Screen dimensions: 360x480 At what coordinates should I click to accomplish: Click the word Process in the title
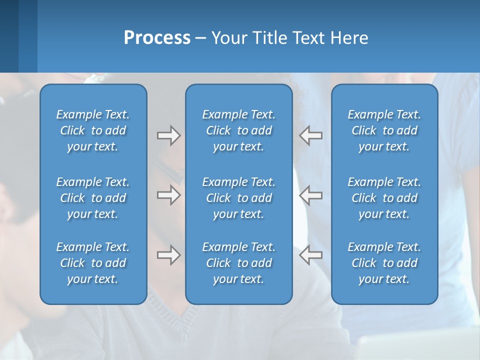tap(157, 38)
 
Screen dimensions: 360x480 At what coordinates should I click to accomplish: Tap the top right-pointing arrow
tap(168, 135)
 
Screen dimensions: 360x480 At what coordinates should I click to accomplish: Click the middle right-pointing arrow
tap(168, 194)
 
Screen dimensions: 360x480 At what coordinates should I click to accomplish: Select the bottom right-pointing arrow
tap(168, 255)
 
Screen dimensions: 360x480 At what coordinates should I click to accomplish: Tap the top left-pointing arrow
tap(310, 135)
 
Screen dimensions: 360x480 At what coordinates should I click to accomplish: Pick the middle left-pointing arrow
tap(310, 194)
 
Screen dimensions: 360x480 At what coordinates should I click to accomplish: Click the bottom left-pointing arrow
tap(310, 255)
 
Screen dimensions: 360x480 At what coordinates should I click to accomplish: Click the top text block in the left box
tap(93, 130)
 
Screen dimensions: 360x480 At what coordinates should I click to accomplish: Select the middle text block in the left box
tap(93, 198)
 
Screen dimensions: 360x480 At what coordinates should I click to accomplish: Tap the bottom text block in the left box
tap(93, 263)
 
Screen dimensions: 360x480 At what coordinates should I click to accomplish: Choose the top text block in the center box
tap(238, 130)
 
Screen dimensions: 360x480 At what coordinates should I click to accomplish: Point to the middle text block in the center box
tap(238, 198)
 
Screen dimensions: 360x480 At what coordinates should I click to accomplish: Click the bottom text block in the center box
tap(238, 263)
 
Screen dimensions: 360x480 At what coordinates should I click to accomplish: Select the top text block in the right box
tap(384, 130)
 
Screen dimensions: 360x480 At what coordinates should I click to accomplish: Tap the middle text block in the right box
tap(384, 198)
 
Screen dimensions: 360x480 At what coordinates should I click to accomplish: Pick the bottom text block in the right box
tap(384, 263)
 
